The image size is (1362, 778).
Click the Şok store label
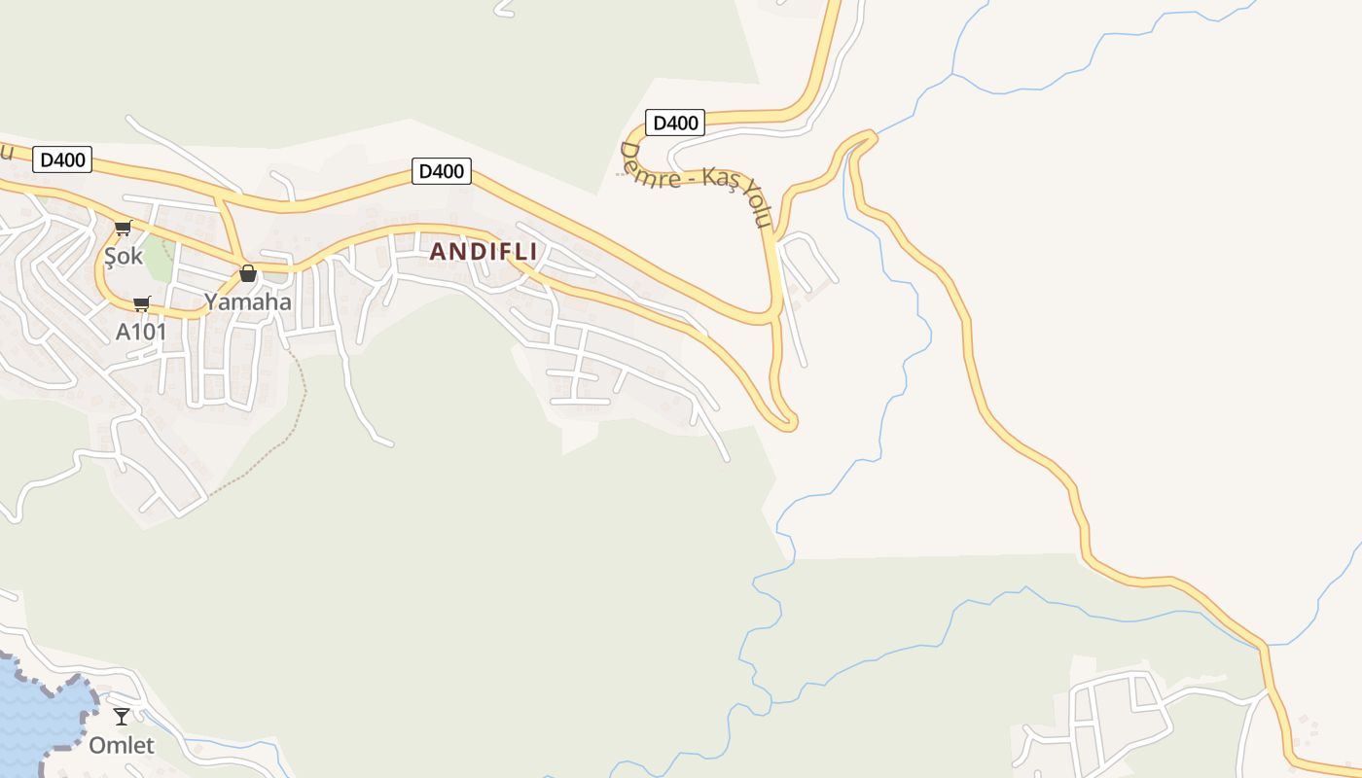[x=124, y=257]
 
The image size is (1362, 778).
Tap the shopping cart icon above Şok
[x=123, y=229]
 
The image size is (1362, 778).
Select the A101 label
[x=141, y=332]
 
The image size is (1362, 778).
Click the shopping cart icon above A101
[x=142, y=303]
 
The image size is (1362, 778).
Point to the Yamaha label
[x=247, y=301]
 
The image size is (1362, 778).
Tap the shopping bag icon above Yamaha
[x=248, y=273]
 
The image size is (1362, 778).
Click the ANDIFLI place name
[x=484, y=251]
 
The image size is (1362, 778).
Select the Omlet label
[x=122, y=746]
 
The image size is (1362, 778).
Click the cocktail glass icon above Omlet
[x=122, y=717]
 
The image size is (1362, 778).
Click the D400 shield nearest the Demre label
[x=675, y=123]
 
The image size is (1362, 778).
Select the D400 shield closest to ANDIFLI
[x=442, y=171]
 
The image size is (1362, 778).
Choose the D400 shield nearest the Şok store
[x=62, y=159]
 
